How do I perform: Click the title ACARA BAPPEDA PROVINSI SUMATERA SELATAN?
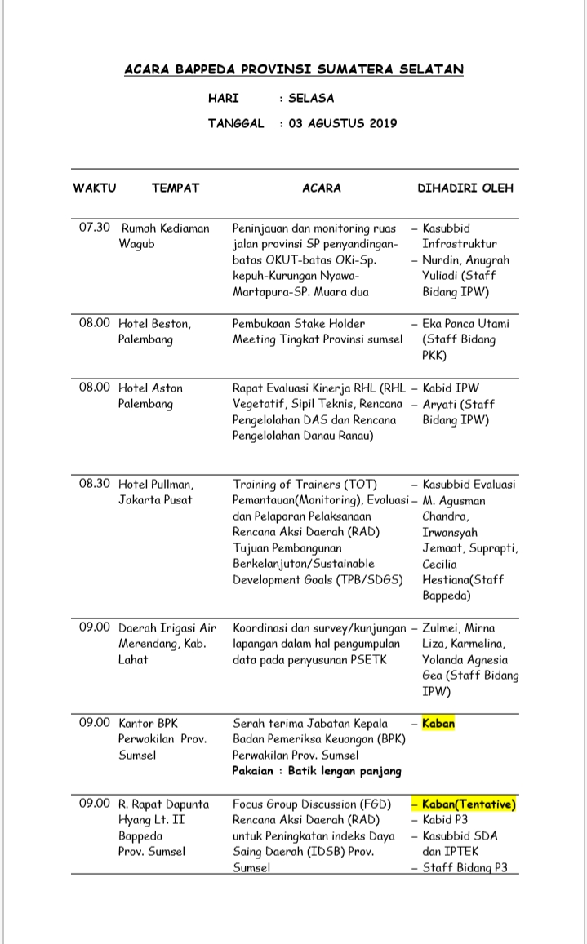pyautogui.click(x=293, y=69)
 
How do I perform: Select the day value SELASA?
pyautogui.click(x=311, y=99)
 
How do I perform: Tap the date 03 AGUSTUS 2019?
pyautogui.click(x=342, y=124)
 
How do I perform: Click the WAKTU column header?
pyautogui.click(x=95, y=188)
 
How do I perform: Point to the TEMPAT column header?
pyautogui.click(x=176, y=188)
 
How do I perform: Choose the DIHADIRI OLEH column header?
pyautogui.click(x=465, y=188)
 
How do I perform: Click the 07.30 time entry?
pyautogui.click(x=94, y=228)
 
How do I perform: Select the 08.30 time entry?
pyautogui.click(x=94, y=484)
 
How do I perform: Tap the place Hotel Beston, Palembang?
pyautogui.click(x=155, y=331)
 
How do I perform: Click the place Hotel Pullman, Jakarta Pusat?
pyautogui.click(x=156, y=491)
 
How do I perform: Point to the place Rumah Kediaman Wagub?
pyautogui.click(x=164, y=236)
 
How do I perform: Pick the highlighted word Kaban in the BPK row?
pyautogui.click(x=438, y=723)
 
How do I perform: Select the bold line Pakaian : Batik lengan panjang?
pyautogui.click(x=317, y=771)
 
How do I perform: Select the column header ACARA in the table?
pyautogui.click(x=322, y=188)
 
